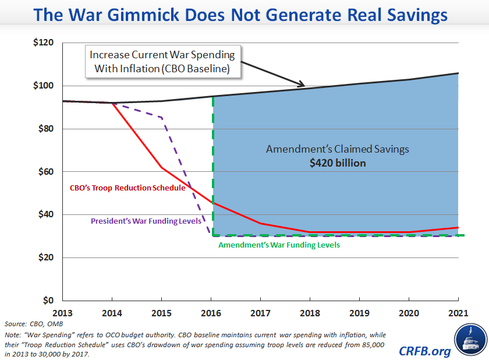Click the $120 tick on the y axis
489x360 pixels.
coord(44,43)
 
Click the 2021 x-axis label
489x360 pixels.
coord(458,312)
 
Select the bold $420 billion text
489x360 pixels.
coord(338,163)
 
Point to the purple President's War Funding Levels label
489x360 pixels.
coord(146,221)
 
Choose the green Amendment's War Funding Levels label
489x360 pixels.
coord(279,245)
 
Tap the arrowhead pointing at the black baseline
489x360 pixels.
coord(303,86)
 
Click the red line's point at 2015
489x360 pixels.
coord(161,168)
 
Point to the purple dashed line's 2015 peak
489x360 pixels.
coord(161,118)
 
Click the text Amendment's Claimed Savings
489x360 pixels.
coord(338,149)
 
